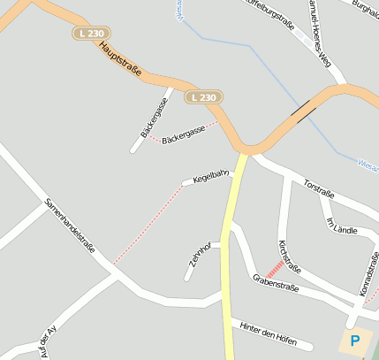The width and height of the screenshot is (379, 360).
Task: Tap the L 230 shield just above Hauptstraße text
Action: [84, 32]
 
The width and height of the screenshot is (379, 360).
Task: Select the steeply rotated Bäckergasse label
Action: [155, 118]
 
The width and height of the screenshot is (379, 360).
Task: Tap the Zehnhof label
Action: [196, 257]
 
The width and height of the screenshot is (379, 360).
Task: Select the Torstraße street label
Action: [318, 188]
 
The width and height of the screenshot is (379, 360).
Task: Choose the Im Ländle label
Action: [342, 226]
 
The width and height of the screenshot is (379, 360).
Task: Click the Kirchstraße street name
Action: [290, 257]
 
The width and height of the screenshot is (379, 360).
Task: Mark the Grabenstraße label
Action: [276, 282]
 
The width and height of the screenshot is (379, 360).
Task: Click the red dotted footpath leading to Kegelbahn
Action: [148, 224]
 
